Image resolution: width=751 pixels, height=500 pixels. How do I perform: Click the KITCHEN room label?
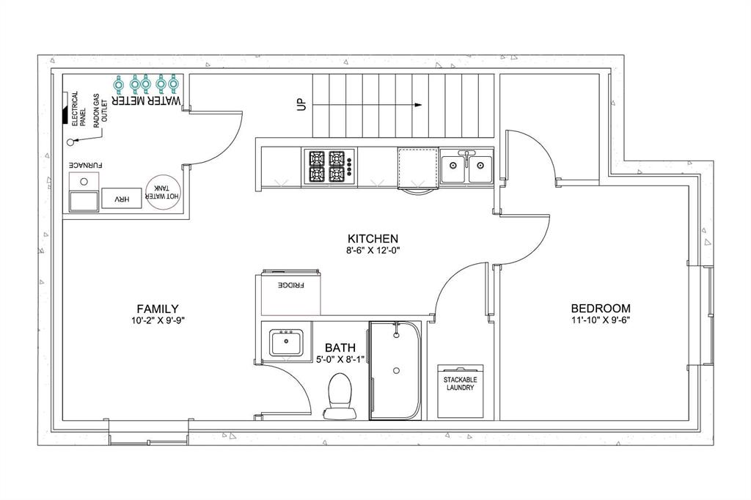373,238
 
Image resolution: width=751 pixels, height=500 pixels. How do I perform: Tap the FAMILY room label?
158,309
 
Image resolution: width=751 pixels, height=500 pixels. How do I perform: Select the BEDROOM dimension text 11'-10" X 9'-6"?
600,320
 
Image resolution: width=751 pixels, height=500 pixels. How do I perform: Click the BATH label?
340,348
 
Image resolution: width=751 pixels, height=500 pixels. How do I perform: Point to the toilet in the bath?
340,396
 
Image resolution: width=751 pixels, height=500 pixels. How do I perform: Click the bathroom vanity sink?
287,342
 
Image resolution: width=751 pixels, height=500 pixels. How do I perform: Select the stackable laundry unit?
461,391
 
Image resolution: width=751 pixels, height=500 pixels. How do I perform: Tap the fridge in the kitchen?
291,293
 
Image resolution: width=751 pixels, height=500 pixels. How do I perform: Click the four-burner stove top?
329,166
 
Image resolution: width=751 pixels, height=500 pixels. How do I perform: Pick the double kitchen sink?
466,166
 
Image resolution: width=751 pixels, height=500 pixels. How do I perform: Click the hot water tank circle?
164,193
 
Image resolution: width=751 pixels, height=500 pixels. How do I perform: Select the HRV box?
122,198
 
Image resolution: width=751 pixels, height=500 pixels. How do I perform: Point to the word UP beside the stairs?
301,104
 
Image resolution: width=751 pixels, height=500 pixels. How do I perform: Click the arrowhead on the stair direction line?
419,105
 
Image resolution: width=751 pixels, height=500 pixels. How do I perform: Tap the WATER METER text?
147,100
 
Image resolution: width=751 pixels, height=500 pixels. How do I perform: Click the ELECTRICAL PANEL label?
78,109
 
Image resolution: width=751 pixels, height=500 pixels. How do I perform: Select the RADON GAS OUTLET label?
100,110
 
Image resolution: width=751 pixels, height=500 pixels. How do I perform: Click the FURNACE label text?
86,165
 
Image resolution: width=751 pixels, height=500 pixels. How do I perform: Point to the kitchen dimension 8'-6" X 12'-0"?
373,250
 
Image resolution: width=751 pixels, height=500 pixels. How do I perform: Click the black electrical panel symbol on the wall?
65,110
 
